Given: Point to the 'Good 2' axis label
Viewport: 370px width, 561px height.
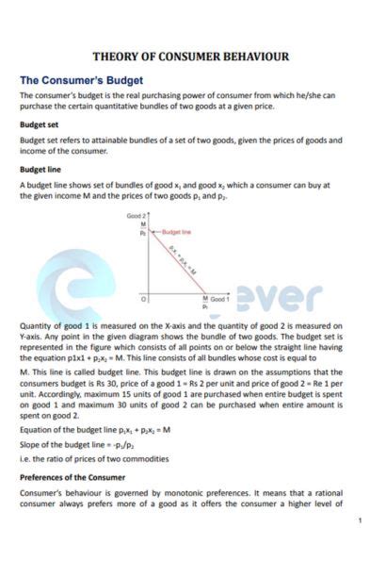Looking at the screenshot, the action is click(137, 216).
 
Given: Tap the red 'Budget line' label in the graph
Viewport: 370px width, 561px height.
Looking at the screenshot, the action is click(177, 230).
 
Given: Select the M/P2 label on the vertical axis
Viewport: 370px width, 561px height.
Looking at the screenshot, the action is click(144, 227).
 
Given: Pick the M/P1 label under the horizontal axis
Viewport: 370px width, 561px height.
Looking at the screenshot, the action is click(205, 303).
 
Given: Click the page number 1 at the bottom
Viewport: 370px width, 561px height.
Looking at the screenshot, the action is click(359, 520).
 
